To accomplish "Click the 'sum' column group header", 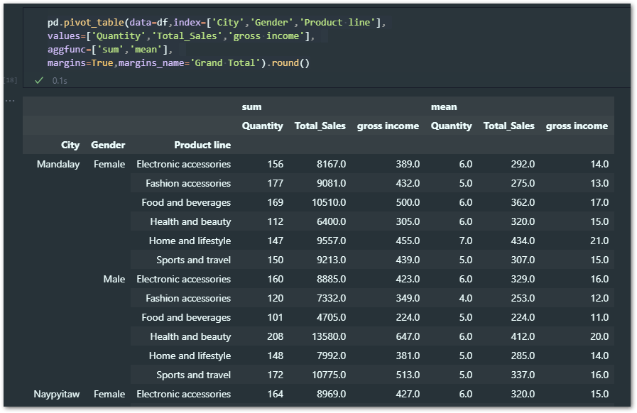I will pos(252,107).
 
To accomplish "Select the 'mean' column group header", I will pos(444,107).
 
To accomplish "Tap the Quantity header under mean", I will pos(451,126).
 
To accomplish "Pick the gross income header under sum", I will pos(388,126).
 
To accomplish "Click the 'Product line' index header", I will pos(202,145).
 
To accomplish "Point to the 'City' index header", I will pos(70,145).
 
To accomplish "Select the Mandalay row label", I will pos(58,165).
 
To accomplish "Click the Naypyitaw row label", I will pos(58,395).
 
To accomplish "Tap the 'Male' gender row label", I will pos(114,280).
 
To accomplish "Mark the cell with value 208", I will pos(275,337).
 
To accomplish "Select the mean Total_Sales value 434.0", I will pos(522,241).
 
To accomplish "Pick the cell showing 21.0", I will pos(599,241).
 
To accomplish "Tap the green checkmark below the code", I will pos(39,81).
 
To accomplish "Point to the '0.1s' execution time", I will pos(60,81).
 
